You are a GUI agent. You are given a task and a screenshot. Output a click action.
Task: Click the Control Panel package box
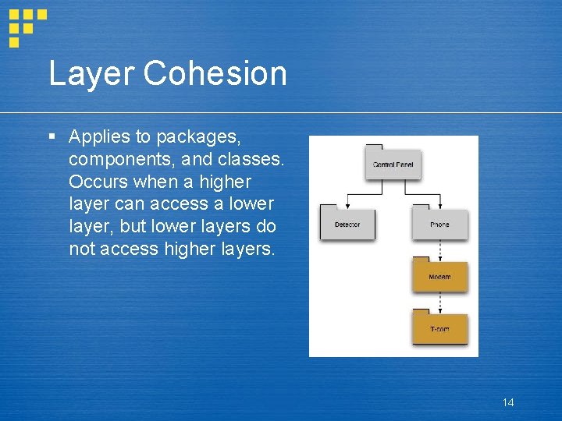click(x=393, y=165)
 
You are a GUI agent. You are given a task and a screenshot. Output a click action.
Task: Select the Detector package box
click(x=347, y=225)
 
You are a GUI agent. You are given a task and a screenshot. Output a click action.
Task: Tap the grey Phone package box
click(x=439, y=225)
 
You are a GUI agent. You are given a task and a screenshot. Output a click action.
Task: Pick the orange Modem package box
click(x=439, y=277)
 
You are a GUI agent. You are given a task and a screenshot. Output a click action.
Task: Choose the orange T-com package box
click(x=439, y=329)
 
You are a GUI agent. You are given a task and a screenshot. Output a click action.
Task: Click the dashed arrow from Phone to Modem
click(x=439, y=248)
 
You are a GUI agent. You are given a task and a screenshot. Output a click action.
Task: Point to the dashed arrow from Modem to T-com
click(x=439, y=301)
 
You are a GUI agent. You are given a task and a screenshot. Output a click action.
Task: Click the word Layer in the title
click(x=91, y=74)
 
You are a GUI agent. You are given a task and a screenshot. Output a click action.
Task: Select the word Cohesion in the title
click(x=215, y=74)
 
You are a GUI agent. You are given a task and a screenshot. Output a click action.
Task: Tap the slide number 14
click(x=508, y=402)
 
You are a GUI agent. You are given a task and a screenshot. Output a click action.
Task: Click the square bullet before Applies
click(x=52, y=137)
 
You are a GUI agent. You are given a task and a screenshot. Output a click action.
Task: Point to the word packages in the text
click(x=198, y=137)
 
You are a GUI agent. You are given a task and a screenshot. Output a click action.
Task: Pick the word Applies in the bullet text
click(x=99, y=137)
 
